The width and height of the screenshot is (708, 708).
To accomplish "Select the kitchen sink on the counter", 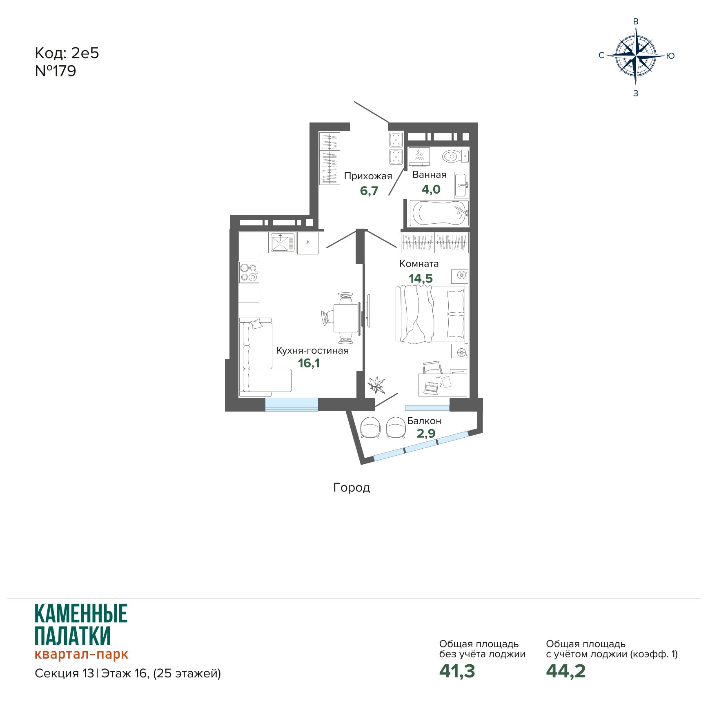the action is pyautogui.click(x=282, y=243).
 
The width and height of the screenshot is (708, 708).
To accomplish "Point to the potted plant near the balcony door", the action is pyautogui.click(x=376, y=385).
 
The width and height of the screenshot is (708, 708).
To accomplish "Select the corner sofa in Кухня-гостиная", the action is pyautogui.click(x=261, y=357).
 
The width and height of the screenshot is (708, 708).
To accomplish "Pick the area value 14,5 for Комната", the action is pyautogui.click(x=421, y=278).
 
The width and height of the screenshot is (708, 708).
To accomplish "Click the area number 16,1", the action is pyautogui.click(x=309, y=363).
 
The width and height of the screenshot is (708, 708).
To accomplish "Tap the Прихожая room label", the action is pyautogui.click(x=368, y=176).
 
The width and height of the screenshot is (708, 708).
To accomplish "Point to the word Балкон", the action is pyautogui.click(x=424, y=421).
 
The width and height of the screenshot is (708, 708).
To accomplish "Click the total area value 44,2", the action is pyautogui.click(x=566, y=671).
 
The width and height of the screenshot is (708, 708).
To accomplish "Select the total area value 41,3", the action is pyautogui.click(x=457, y=671).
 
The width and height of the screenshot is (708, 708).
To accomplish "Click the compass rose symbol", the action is pyautogui.click(x=636, y=56).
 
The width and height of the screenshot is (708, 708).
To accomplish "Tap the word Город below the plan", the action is pyautogui.click(x=352, y=488).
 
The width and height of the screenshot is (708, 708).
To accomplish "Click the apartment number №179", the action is pyautogui.click(x=56, y=71).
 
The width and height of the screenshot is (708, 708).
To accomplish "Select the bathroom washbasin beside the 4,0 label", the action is pyautogui.click(x=462, y=185).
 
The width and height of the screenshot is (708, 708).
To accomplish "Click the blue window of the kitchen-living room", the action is pyautogui.click(x=292, y=404).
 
